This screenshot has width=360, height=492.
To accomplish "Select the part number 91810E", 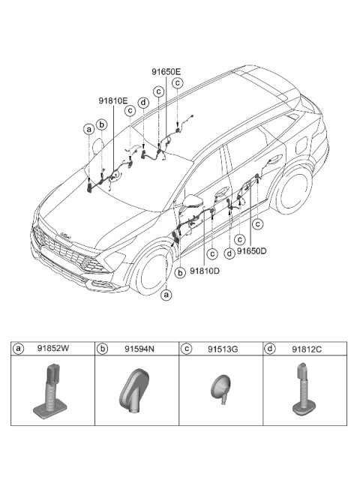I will click(x=112, y=99).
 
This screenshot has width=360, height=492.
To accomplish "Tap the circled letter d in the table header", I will click(x=271, y=349).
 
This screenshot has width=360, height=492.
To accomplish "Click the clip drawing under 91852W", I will click(x=52, y=390).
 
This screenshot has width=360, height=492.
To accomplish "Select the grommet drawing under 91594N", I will click(x=136, y=391).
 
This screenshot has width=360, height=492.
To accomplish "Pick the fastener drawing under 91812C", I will click(x=304, y=390).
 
